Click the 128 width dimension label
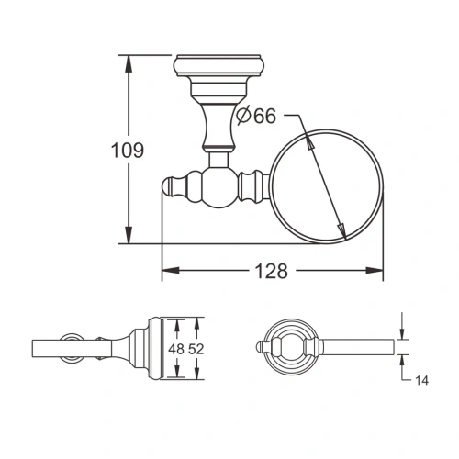[x=273, y=271]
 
